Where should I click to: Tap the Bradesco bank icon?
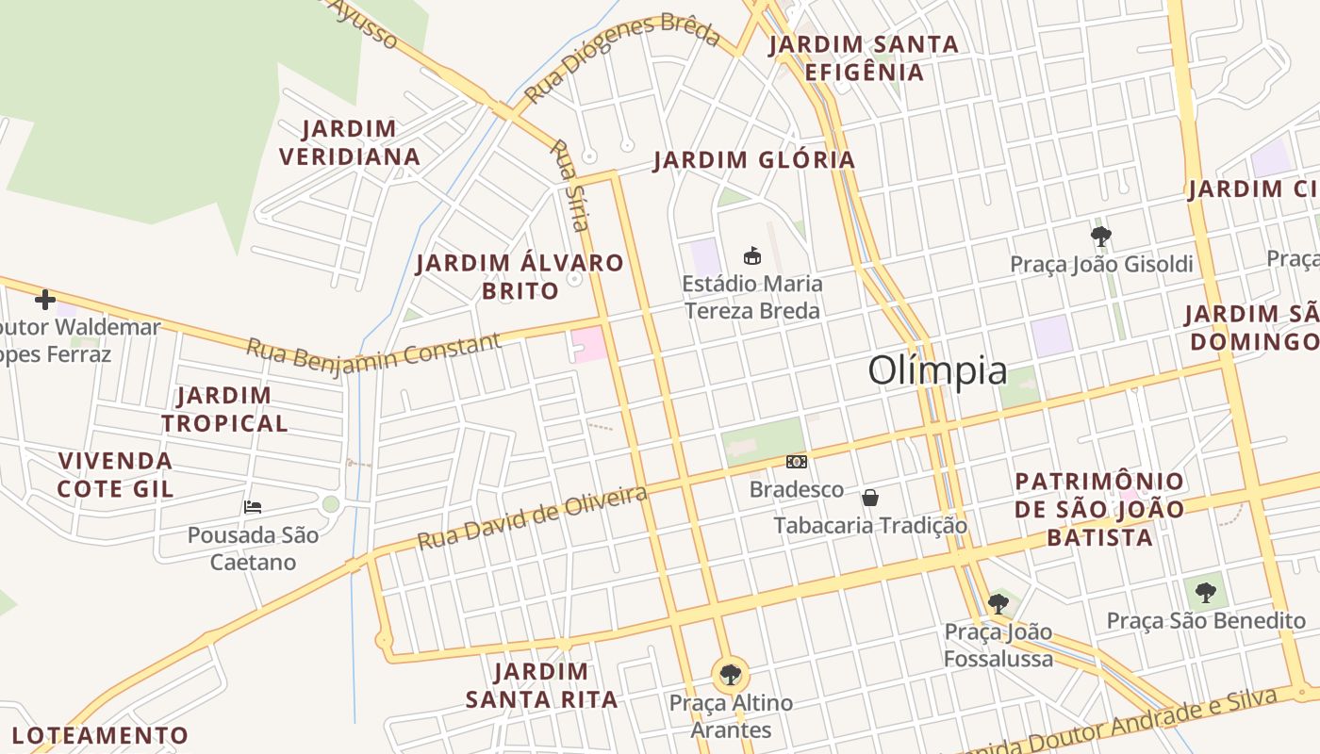[x=797, y=462]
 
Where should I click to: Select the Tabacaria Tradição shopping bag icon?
[x=870, y=498]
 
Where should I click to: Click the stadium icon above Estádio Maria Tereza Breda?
[x=751, y=255]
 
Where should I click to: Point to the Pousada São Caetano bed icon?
[x=253, y=507]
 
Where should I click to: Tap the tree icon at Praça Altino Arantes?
[x=730, y=674]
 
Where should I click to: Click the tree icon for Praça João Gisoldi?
[x=1100, y=236]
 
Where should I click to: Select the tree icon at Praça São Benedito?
[x=1205, y=593]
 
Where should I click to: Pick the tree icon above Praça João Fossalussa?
[x=998, y=603]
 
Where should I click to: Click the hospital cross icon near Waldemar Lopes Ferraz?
[x=44, y=300]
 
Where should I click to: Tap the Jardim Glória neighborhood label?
[x=754, y=160]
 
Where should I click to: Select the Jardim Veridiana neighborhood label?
[x=350, y=142]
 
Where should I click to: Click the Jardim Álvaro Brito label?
[x=520, y=276]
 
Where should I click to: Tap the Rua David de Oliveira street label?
[x=533, y=517]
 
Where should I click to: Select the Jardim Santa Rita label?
[x=541, y=685]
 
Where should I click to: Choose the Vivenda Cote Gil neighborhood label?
[x=115, y=474]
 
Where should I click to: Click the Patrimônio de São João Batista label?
[x=1099, y=509]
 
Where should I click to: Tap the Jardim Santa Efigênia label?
[x=864, y=57]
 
